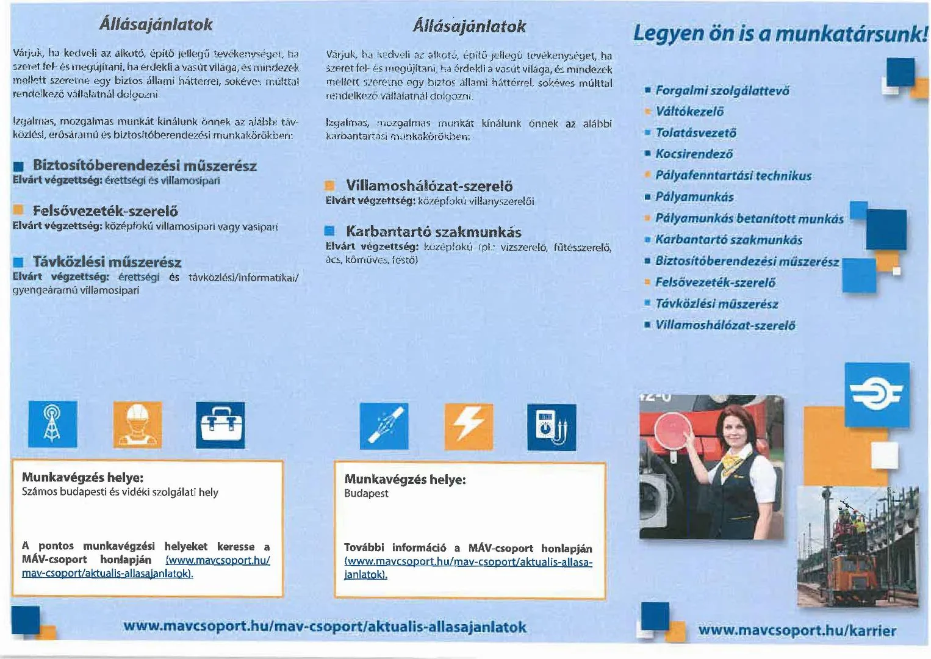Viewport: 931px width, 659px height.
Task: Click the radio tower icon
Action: (52, 424)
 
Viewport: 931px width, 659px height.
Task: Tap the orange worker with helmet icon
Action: (137, 424)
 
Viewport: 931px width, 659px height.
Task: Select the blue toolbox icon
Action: (220, 425)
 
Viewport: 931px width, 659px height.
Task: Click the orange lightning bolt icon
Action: (468, 426)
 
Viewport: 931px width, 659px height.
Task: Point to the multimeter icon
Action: (551, 427)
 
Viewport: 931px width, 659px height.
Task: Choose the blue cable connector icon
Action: (384, 426)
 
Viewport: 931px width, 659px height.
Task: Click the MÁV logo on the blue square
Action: (877, 395)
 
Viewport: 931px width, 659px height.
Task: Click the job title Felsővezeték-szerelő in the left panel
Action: (105, 211)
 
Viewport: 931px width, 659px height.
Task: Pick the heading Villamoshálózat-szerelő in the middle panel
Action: (429, 185)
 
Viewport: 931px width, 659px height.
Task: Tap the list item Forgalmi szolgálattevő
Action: (722, 91)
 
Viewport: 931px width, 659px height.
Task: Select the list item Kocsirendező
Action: (694, 154)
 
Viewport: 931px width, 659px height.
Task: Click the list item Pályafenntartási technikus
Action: (733, 176)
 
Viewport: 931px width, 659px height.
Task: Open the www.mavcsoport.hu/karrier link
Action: (797, 630)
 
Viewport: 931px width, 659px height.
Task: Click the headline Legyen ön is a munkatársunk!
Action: (780, 33)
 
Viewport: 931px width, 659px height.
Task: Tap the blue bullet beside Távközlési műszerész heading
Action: (18, 263)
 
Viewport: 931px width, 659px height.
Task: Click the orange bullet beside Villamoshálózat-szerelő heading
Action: (330, 186)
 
